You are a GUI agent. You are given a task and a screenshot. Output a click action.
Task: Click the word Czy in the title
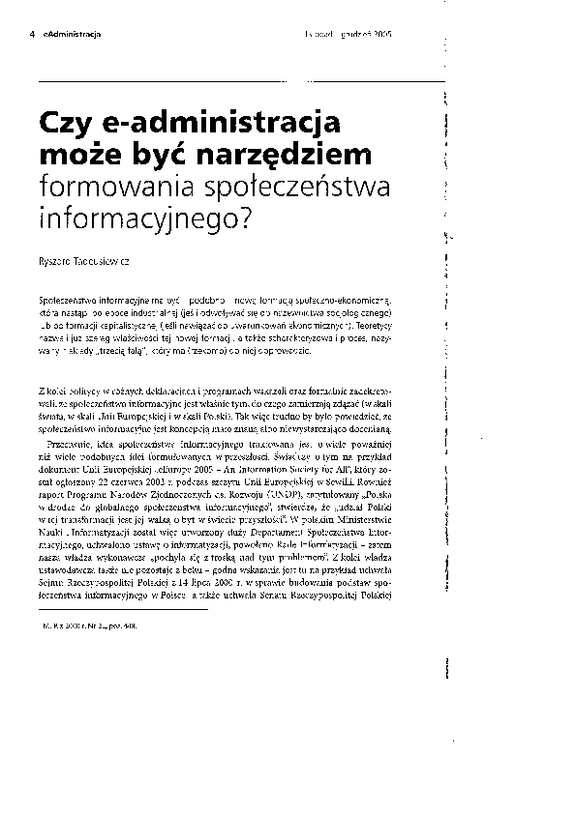pyautogui.click(x=63, y=125)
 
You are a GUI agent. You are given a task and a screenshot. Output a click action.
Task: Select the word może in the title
pyautogui.click(x=78, y=155)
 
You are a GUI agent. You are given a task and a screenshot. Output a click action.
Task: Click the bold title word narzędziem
pyautogui.click(x=287, y=156)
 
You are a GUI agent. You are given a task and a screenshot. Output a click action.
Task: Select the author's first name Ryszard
pyautogui.click(x=56, y=262)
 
